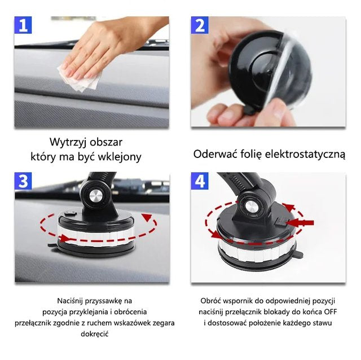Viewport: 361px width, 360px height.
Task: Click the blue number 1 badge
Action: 23,25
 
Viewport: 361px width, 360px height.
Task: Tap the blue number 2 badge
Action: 200,25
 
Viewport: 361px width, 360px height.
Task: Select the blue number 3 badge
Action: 23,181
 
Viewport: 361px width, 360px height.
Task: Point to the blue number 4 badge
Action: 200,181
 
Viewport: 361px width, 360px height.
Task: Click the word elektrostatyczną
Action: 305,154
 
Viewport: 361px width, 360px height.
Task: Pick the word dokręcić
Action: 95,334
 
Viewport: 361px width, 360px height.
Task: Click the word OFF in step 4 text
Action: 331,312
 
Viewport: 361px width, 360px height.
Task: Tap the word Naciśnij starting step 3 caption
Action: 70,301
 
